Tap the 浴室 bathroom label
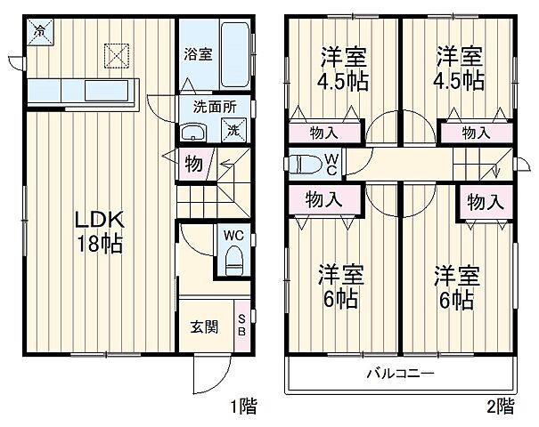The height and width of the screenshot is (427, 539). point(197,54)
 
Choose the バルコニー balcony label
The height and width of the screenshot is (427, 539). point(399,372)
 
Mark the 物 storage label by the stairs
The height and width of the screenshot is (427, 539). point(192,163)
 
